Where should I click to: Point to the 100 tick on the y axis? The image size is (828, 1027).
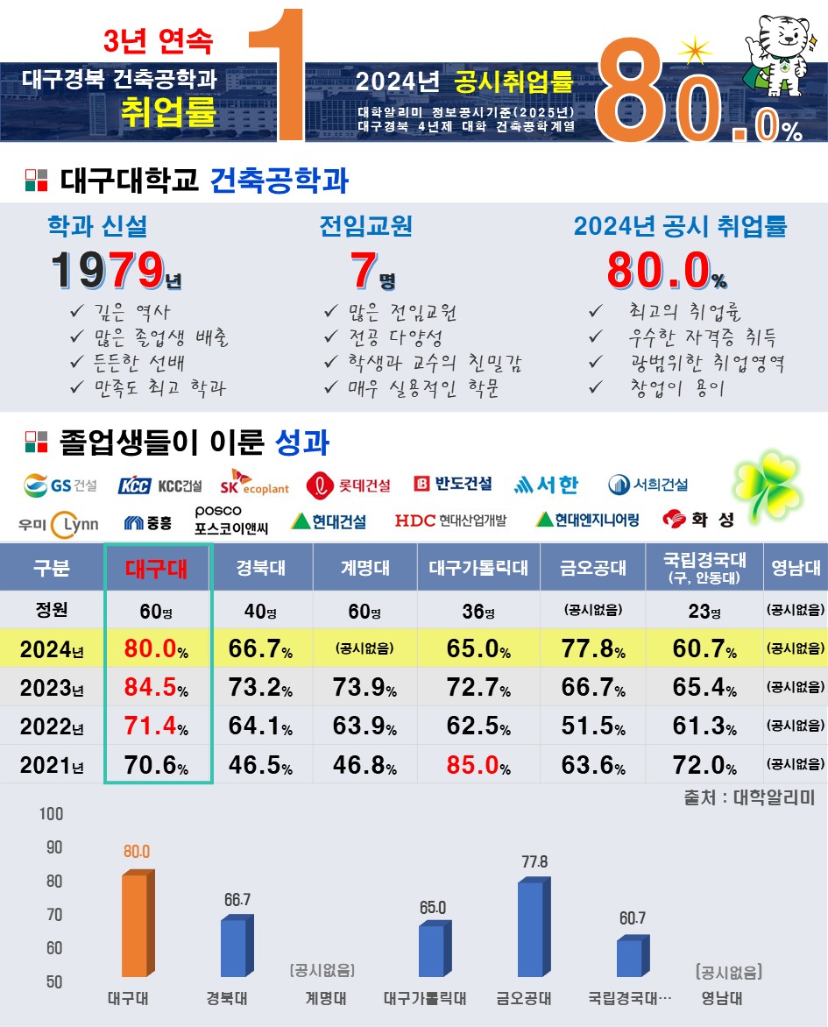52,814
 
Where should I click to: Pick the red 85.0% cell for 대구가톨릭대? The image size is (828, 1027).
478,764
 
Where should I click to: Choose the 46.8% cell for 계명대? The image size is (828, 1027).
364,764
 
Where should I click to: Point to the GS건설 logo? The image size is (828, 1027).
60,485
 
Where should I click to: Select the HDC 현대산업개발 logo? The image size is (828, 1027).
450,521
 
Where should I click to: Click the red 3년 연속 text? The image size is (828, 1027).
158,39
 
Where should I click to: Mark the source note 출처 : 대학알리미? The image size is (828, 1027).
749,798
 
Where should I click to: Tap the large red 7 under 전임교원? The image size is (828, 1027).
363,270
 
